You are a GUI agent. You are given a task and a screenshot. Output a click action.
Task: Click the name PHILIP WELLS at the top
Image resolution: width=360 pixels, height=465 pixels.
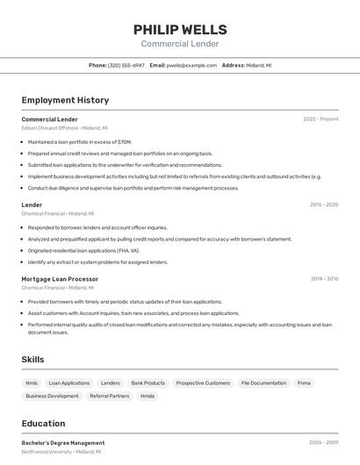180,29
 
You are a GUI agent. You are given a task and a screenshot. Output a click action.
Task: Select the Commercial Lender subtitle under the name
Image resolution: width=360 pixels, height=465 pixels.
180,44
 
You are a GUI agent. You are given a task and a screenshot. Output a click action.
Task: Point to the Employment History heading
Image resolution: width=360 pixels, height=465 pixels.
65,100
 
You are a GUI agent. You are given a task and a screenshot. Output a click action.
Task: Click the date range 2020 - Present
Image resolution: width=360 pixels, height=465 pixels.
320,119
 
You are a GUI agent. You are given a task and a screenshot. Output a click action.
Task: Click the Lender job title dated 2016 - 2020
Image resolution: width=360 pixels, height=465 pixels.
32,204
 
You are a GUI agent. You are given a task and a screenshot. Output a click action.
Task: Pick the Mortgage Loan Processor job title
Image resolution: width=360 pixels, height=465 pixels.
60,279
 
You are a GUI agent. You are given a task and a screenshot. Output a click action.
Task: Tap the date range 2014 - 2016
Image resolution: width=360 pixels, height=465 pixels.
324,279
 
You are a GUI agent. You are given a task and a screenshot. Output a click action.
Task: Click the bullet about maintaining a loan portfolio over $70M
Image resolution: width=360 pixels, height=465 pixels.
80,141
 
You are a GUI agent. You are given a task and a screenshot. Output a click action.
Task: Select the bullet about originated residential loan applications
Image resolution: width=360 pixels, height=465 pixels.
83,250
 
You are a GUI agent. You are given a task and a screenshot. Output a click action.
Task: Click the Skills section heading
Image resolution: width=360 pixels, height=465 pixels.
32,359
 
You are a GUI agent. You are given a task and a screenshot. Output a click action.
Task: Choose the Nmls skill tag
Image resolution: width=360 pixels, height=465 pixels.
32,383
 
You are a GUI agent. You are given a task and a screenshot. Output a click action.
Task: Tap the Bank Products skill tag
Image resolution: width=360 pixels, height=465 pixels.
148,383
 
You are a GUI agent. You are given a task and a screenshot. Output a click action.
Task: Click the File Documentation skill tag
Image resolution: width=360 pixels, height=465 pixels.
263,383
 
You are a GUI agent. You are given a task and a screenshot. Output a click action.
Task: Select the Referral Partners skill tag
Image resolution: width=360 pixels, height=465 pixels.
110,396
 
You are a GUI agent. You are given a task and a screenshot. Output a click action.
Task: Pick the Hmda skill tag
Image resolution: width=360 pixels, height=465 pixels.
148,396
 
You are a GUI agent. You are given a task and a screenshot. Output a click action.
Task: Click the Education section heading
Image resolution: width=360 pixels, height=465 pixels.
43,424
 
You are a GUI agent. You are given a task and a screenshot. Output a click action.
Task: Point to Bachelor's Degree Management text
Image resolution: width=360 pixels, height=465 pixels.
63,443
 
